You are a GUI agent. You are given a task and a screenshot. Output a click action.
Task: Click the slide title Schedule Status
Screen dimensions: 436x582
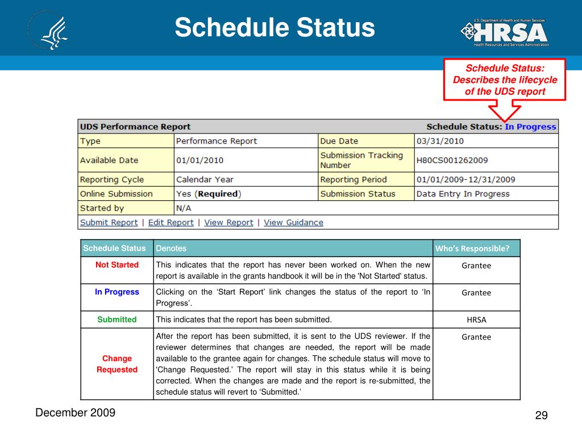[x=275, y=28]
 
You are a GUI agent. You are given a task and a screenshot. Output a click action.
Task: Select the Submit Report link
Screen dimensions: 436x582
[x=109, y=223]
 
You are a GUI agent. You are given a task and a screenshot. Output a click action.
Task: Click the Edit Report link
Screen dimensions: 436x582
[x=171, y=223]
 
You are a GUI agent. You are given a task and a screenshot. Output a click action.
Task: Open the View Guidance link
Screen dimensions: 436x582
[x=293, y=223]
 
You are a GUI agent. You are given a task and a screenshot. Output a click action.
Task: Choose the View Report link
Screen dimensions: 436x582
[x=228, y=223]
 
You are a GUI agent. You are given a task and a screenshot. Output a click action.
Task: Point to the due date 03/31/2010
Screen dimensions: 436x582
[x=440, y=141]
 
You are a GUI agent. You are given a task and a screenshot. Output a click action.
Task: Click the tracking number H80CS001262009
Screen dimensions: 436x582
[x=452, y=160]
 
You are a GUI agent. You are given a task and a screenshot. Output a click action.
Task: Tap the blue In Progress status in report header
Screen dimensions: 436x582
[x=530, y=127]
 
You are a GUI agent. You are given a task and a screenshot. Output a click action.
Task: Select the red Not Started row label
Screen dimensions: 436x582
[x=117, y=265]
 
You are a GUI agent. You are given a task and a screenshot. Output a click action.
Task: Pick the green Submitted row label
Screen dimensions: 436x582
[x=117, y=320]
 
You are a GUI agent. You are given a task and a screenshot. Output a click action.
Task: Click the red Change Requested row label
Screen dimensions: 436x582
[x=117, y=364]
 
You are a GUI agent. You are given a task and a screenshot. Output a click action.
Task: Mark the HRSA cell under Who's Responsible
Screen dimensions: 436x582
[x=476, y=320]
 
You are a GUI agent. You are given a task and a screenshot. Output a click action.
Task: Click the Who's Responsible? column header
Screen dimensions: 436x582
[x=472, y=249]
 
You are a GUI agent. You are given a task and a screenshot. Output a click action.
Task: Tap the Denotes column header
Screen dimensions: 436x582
[x=171, y=249]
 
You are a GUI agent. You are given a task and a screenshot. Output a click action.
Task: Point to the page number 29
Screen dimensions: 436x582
[x=541, y=416]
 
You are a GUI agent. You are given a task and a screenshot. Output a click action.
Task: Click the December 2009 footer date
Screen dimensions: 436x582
[x=75, y=413]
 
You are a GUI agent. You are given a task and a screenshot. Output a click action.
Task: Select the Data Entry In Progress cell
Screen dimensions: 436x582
[x=463, y=194]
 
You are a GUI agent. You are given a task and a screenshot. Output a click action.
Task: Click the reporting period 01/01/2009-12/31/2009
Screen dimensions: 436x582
[x=465, y=179]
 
